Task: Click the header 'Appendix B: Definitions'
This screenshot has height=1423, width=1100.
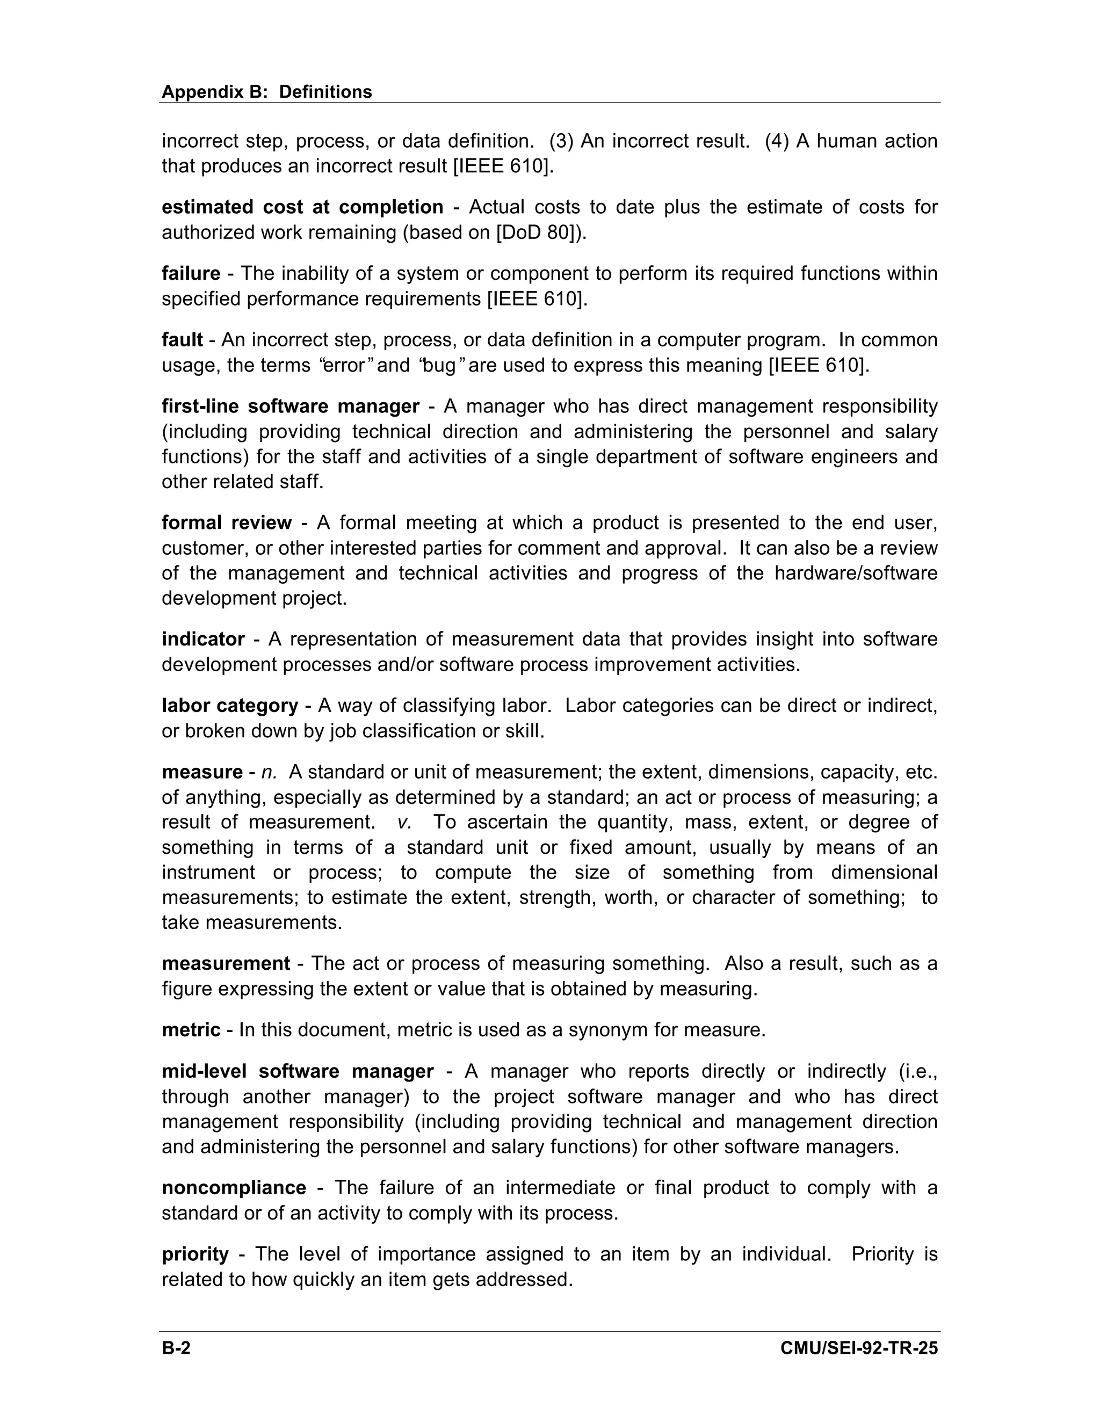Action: click(266, 92)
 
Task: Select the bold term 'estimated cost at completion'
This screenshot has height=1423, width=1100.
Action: click(302, 207)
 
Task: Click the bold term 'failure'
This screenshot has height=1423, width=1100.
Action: click(191, 274)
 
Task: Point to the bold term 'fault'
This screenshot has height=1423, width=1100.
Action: click(183, 340)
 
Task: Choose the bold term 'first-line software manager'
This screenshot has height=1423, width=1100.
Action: click(291, 406)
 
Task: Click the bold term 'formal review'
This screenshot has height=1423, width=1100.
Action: click(227, 522)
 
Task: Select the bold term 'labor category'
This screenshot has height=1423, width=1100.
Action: click(230, 706)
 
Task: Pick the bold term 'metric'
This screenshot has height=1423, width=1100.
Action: click(191, 1029)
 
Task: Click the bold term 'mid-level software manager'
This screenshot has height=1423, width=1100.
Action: click(298, 1071)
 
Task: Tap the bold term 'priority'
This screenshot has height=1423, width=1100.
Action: click(196, 1254)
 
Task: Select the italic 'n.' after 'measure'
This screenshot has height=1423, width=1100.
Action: click(269, 772)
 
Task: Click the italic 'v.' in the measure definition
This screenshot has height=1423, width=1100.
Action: click(404, 822)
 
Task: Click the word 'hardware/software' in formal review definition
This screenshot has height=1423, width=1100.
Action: click(856, 573)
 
